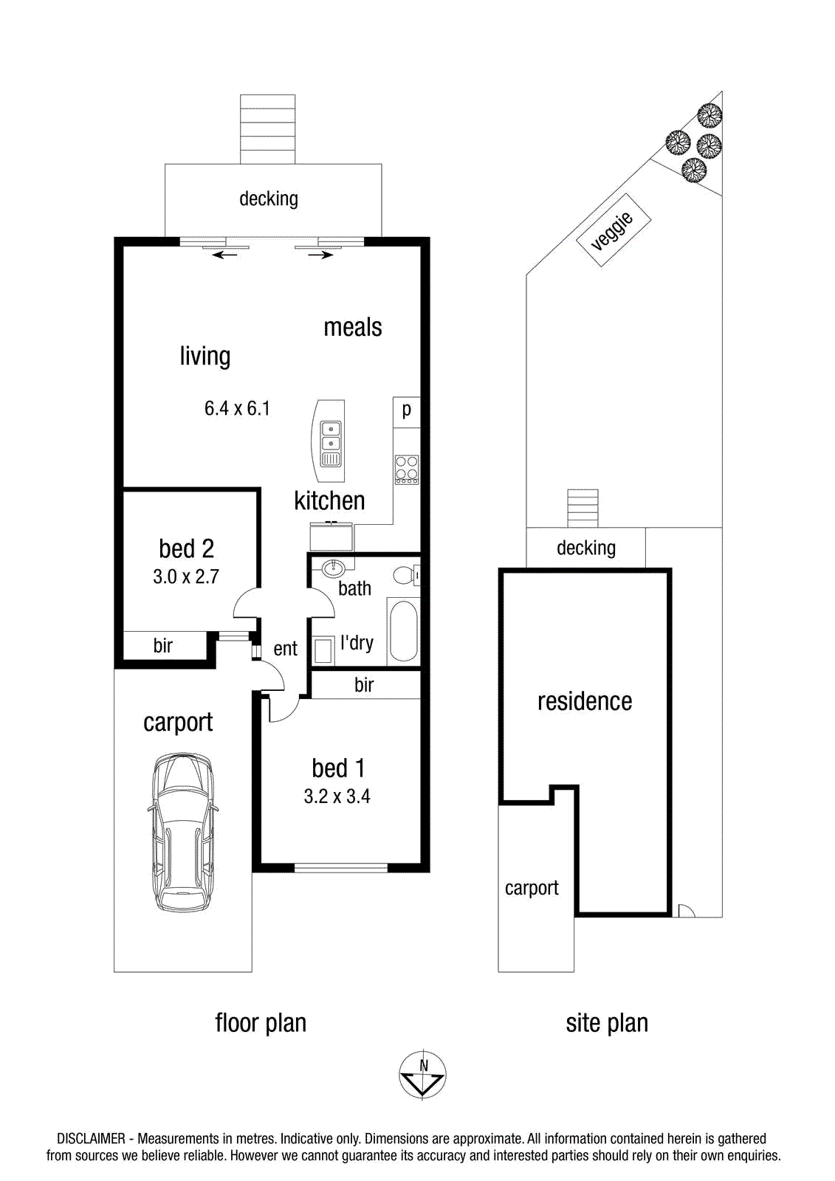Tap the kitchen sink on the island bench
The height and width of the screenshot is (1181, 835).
click(331, 445)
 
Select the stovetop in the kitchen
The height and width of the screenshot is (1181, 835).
click(408, 469)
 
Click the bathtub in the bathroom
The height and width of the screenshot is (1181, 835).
click(404, 632)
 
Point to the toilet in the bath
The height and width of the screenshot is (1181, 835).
click(408, 575)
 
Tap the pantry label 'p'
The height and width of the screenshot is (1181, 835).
click(406, 410)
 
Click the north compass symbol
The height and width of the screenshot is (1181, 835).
click(422, 1075)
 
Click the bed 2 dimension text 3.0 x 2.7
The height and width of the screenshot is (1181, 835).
click(185, 576)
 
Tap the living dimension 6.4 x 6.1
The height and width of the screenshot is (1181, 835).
click(237, 408)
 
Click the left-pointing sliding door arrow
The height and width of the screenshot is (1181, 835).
click(225, 255)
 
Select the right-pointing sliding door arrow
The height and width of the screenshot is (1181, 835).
click(320, 255)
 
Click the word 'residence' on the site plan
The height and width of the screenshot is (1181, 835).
click(585, 701)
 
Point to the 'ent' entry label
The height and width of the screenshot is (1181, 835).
click(286, 649)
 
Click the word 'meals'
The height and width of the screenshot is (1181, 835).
click(352, 327)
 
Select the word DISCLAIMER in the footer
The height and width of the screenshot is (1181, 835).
click(92, 1139)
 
